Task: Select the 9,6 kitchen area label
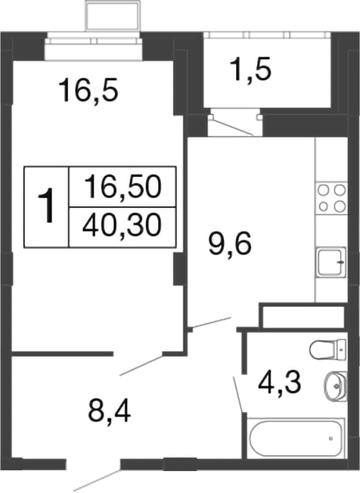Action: [229, 244]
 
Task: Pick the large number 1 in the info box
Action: [47, 206]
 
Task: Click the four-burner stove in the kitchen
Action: [330, 197]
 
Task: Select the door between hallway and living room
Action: [139, 365]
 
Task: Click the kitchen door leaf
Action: [209, 323]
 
